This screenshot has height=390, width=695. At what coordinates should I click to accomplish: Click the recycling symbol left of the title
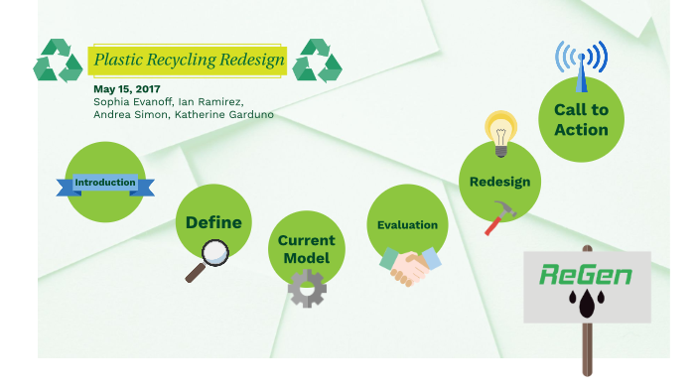tap(58, 61)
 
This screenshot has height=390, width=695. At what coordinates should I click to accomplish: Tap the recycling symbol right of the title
tap(318, 61)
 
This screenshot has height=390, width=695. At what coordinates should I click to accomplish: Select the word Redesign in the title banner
tap(248, 61)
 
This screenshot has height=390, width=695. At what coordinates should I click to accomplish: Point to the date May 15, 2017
tap(126, 89)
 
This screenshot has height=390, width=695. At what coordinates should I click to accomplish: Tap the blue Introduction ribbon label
tap(104, 184)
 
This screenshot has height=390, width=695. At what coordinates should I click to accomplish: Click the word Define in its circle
tap(213, 222)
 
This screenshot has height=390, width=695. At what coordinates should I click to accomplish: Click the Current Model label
tap(306, 249)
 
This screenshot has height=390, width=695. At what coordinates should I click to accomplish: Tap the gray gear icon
tap(307, 288)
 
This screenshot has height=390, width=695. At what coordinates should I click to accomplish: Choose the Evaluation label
tap(407, 225)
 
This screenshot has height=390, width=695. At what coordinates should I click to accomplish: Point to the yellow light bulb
tap(500, 130)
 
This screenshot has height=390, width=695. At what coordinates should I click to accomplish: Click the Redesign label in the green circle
tap(499, 182)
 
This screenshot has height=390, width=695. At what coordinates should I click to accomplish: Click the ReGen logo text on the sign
tap(586, 274)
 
